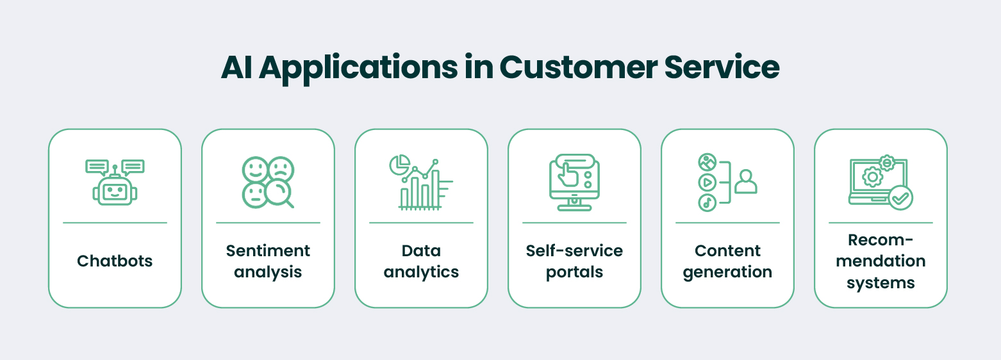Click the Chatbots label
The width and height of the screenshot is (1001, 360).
(115, 261)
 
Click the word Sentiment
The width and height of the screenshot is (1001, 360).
(268, 250)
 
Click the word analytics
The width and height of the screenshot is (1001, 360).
(421, 272)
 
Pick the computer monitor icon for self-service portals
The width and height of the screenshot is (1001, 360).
(574, 182)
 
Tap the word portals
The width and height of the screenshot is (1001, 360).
(574, 272)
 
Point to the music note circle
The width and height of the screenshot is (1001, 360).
(707, 202)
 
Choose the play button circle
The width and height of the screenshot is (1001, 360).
(707, 182)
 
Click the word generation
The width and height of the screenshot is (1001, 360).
(727, 272)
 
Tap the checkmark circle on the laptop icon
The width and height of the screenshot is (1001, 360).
(901, 198)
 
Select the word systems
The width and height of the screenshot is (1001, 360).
(881, 282)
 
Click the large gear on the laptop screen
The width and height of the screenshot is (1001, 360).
(872, 177)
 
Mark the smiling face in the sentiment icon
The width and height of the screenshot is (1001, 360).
(255, 169)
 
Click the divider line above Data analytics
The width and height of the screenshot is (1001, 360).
(421, 223)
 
